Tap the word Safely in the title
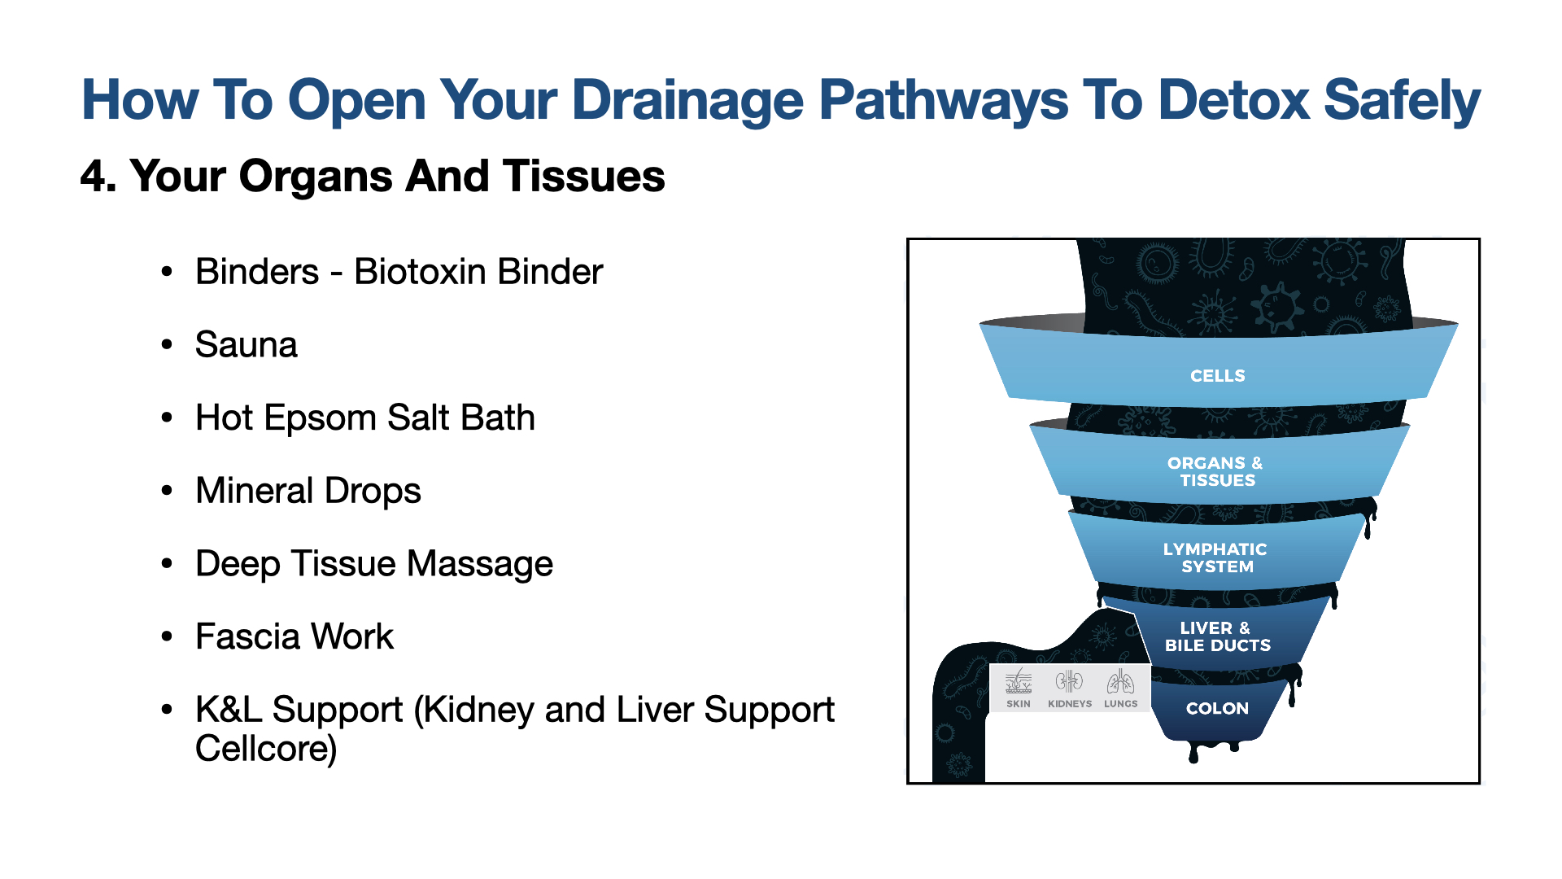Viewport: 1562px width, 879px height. (1402, 100)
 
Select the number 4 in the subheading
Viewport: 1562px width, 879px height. (93, 177)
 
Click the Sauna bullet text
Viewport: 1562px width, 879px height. (246, 345)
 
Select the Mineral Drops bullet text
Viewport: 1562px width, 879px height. (308, 491)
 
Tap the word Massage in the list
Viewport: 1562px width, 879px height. (480, 564)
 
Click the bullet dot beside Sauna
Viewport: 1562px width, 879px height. (167, 345)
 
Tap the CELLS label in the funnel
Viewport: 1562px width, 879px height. (1217, 376)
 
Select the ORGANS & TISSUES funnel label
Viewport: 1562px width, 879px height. (1216, 471)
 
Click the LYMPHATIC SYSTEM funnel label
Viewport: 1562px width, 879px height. (1215, 558)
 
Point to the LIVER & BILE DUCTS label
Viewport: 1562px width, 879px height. (1217, 636)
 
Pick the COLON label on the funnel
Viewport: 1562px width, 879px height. (1217, 708)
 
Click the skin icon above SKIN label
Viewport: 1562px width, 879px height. (1018, 681)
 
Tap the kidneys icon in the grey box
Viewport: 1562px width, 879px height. (1069, 681)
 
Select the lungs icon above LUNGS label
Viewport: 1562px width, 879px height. (1120, 681)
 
